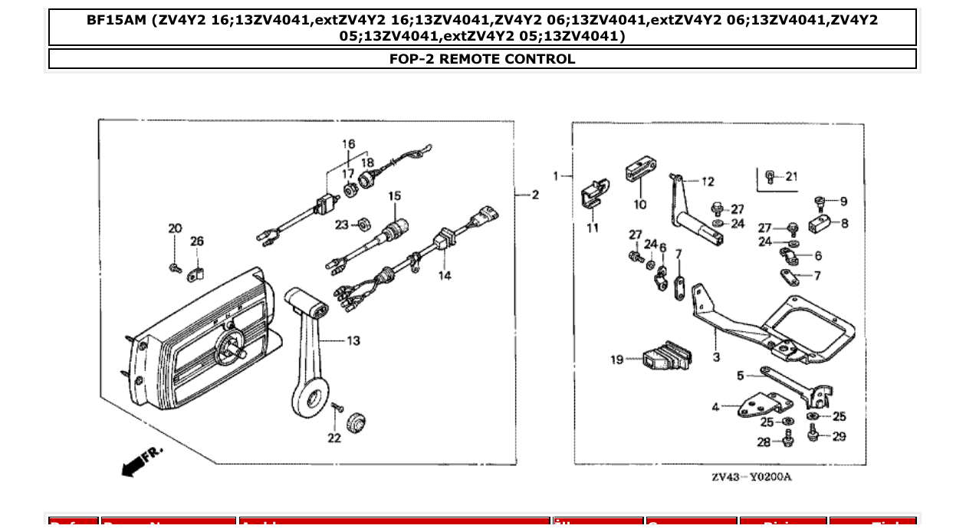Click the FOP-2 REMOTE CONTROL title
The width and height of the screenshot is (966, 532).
(x=482, y=59)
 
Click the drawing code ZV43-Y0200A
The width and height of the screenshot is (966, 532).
(x=751, y=478)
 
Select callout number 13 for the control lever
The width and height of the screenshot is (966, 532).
(x=353, y=340)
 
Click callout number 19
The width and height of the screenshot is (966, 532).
(x=617, y=360)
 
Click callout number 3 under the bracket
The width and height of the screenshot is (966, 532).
(x=716, y=357)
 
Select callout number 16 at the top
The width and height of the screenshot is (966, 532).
(x=349, y=144)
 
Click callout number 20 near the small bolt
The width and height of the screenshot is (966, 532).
(x=176, y=228)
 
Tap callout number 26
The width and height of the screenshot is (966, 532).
(x=197, y=241)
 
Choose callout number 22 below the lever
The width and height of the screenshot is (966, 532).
(x=334, y=438)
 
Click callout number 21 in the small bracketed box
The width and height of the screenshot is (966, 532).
(x=791, y=176)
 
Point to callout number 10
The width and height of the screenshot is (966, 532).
(x=640, y=205)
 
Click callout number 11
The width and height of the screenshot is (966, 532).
(x=593, y=228)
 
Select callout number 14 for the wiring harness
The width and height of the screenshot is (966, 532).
(x=445, y=275)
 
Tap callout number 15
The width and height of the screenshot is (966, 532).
(x=394, y=196)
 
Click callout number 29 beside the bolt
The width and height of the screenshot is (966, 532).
(x=839, y=436)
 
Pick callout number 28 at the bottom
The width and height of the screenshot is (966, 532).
(x=764, y=442)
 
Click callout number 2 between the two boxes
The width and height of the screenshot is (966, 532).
(x=535, y=195)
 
